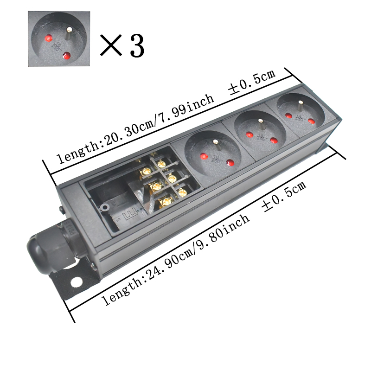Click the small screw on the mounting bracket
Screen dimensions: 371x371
(x=93, y=266)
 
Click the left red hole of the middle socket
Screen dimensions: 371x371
(x=248, y=136)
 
